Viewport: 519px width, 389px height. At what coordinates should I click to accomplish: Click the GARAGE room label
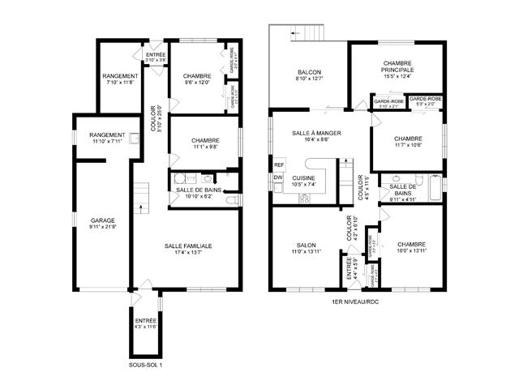103,220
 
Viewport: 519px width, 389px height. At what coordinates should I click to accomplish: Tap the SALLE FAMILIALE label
188,246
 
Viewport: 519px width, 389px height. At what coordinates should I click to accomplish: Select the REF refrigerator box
278,164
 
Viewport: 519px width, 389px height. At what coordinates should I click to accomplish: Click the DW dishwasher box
277,177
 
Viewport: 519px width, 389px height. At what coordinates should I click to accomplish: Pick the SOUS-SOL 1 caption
146,365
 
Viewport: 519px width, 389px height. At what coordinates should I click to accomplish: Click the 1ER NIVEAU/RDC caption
356,302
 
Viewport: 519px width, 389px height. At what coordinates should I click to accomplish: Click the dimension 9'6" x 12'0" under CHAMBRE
197,82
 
